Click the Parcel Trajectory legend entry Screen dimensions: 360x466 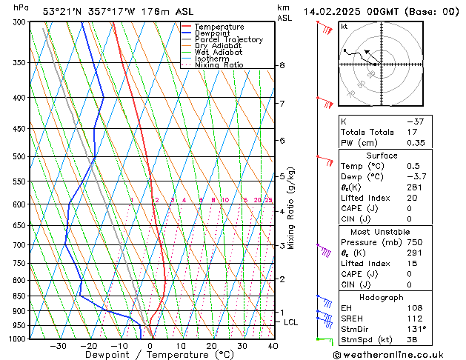228,40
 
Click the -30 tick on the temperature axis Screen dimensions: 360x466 58,346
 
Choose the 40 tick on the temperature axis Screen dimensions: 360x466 273,346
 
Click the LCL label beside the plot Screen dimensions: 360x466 291,322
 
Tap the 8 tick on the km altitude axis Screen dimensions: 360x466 282,66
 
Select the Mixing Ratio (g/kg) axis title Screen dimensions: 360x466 292,208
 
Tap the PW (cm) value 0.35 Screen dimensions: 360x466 413,143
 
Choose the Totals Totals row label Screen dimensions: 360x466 363,132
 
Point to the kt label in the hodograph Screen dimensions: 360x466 344,26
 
